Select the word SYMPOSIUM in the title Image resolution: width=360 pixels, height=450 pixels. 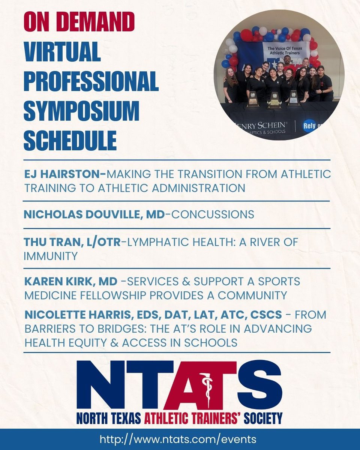81,111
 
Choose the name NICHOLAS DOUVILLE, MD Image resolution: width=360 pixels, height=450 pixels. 94,214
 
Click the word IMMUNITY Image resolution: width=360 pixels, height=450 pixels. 51,256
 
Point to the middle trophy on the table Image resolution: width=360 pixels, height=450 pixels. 274,100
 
